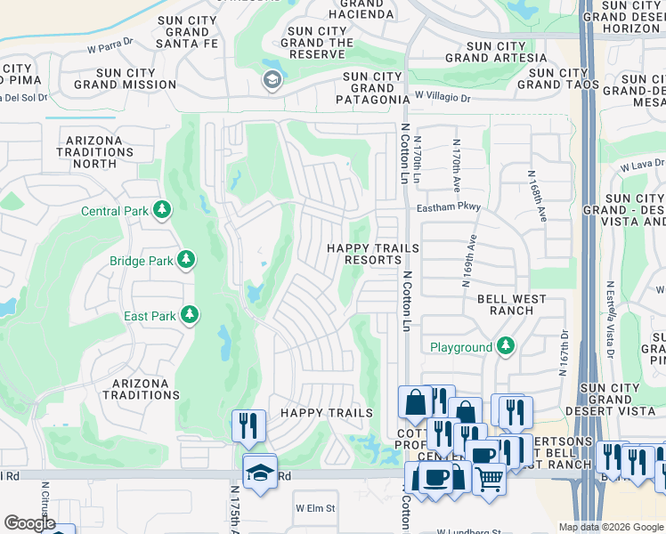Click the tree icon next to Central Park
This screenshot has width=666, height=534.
[162, 210]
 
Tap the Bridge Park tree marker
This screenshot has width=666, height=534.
[186, 260]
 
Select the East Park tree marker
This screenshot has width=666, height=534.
[188, 315]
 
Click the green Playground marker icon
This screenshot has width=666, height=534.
[506, 345]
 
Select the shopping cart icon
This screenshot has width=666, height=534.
[489, 478]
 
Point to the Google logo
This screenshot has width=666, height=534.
[29, 523]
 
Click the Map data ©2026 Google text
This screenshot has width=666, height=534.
[611, 527]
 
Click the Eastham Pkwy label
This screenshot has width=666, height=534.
[449, 207]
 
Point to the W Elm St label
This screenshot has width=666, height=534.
[315, 508]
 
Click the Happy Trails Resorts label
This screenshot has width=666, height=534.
[371, 254]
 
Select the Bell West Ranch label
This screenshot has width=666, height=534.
[518, 304]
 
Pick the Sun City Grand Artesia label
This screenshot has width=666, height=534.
[507, 52]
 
